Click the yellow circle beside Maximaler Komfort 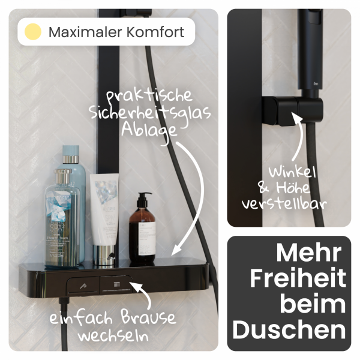33,31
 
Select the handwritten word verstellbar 284,203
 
